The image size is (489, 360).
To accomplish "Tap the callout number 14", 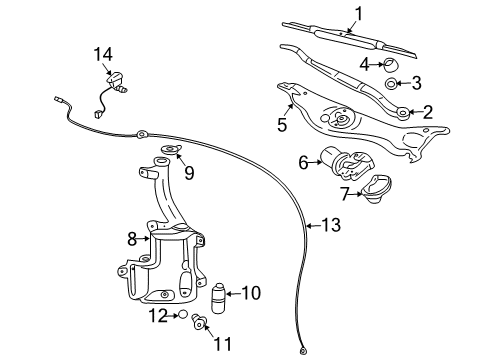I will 104,52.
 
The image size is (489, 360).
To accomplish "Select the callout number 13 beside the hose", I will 330,226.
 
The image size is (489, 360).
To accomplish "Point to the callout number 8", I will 130,238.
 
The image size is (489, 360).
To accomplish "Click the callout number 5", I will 282,125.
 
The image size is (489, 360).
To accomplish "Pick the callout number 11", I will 221,343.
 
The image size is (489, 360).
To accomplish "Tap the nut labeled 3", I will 392,85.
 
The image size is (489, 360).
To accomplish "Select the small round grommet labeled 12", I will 183,315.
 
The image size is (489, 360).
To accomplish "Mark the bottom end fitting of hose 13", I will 302,350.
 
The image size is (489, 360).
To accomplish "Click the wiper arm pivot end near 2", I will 402,113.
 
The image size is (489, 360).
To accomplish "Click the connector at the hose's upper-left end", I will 58,99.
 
